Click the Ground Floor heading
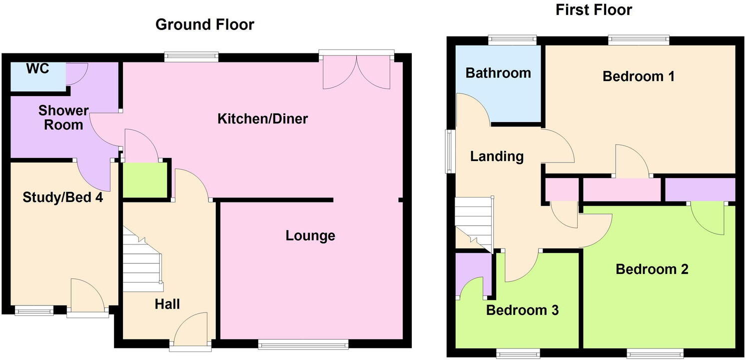pyautogui.click(x=205, y=24)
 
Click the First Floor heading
pyautogui.click(x=594, y=9)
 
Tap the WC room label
pyautogui.click(x=38, y=69)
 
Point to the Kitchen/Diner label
pyautogui.click(x=262, y=119)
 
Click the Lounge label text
pyautogui.click(x=310, y=235)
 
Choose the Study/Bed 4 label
pyautogui.click(x=63, y=197)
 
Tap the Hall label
pyautogui.click(x=167, y=304)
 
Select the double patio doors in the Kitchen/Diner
pyautogui.click(x=356, y=71)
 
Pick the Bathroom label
pyautogui.click(x=498, y=73)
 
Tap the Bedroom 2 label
pyautogui.click(x=652, y=269)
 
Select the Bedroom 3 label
pyautogui.click(x=522, y=310)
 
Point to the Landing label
pyautogui.click(x=497, y=157)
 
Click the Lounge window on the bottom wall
pyautogui.click(x=303, y=343)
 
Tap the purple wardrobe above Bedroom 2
pyautogui.click(x=700, y=190)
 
